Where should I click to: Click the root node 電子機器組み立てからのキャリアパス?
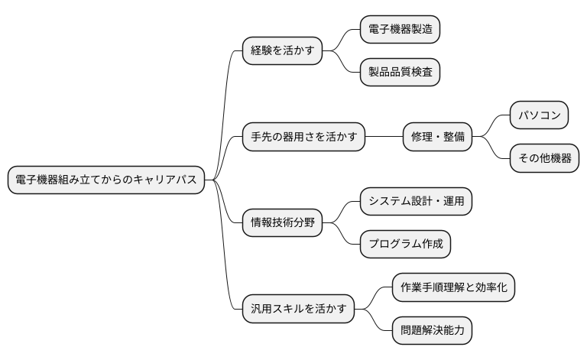(x=106, y=180)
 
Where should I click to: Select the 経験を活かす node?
(x=281, y=51)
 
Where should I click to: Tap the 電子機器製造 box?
(x=400, y=30)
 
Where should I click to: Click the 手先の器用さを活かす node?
(x=303, y=138)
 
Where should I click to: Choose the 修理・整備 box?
(x=437, y=138)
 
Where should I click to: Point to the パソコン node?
(x=539, y=116)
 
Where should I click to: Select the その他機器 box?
(x=543, y=159)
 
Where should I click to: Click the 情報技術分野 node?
(x=281, y=223)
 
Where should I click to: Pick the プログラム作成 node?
(x=405, y=245)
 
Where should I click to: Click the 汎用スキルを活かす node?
(x=297, y=310)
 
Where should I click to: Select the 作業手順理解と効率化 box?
(x=453, y=288)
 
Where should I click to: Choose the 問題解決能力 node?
(x=432, y=331)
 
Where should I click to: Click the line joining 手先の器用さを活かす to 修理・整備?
(x=384, y=138)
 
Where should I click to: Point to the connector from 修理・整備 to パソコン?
(x=491, y=127)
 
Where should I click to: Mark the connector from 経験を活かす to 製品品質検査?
(x=342, y=63)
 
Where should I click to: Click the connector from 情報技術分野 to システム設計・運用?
(x=342, y=212)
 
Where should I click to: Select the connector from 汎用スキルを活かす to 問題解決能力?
(x=374, y=321)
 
